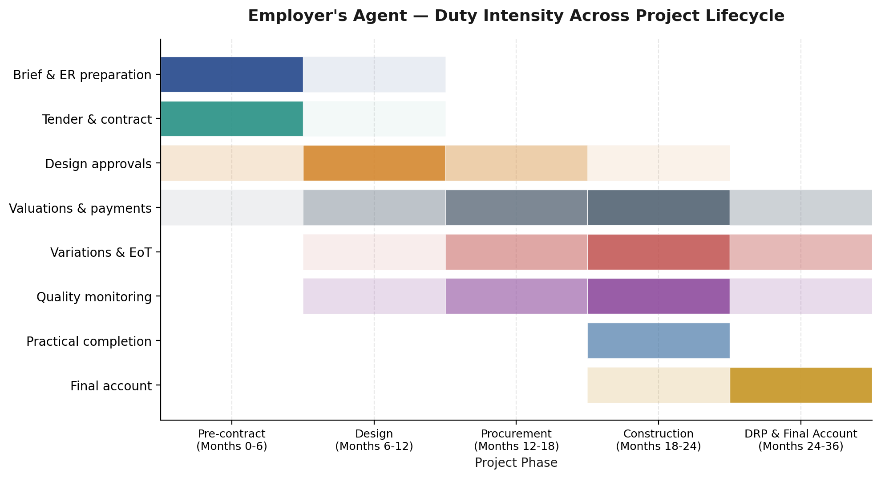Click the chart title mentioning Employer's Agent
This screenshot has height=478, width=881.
[x=516, y=16]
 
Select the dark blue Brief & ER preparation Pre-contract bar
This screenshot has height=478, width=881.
[x=231, y=74]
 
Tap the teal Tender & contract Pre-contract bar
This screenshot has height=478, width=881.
[x=231, y=119]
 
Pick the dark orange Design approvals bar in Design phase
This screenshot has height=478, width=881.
[x=374, y=163]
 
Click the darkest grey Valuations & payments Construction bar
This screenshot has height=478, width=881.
[x=658, y=207]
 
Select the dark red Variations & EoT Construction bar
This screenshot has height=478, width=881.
[x=658, y=252]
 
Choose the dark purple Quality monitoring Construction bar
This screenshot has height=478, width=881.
[x=658, y=296]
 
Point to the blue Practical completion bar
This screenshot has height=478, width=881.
[x=658, y=340]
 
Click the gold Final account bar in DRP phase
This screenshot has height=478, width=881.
[x=800, y=385]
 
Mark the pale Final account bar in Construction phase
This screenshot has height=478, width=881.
[x=658, y=385]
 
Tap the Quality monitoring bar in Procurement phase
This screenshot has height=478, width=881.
[x=516, y=296]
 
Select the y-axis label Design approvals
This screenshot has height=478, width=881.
[x=98, y=164]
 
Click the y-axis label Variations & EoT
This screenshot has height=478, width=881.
[x=101, y=252]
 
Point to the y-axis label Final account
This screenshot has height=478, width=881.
[x=111, y=386]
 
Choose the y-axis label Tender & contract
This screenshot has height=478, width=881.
[x=97, y=119]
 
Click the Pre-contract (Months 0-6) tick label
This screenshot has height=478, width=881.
[x=231, y=440]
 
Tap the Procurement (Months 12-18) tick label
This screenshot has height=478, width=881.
[x=516, y=440]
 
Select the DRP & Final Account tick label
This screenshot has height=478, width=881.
[x=800, y=440]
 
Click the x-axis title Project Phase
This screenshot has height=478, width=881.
[x=516, y=463]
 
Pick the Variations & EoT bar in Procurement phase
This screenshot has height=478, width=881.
[x=516, y=252]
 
